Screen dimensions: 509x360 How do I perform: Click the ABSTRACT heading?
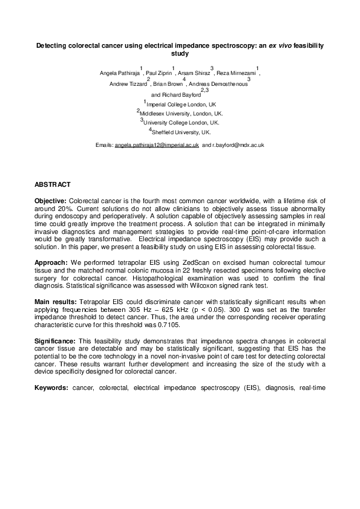[53, 184]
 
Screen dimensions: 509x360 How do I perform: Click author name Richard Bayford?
[180, 95]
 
